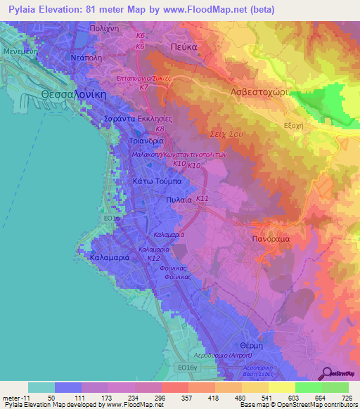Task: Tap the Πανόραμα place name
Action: (266, 239)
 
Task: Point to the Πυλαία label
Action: (179, 200)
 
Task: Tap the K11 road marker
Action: (202, 200)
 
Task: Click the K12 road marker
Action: (153, 259)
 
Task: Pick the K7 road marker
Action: (143, 87)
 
